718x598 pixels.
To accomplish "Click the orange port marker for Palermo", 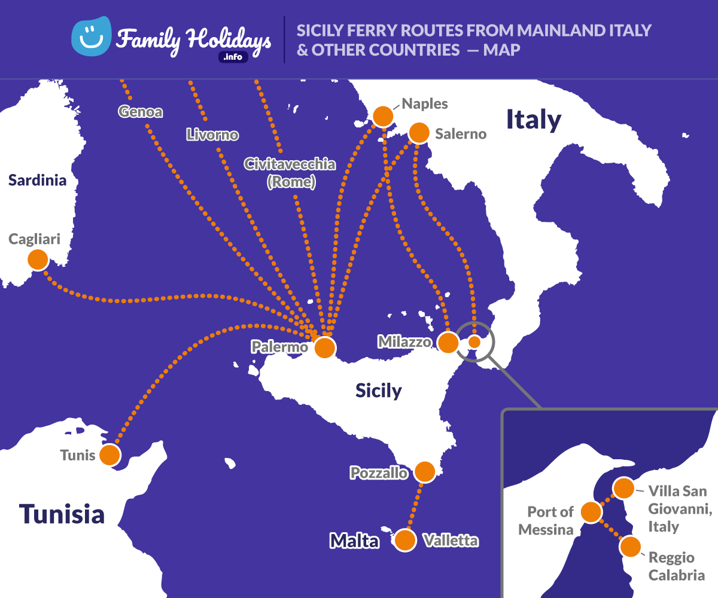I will [x=324, y=347].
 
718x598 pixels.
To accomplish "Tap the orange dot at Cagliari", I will [x=38, y=260].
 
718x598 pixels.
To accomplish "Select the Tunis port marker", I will [x=109, y=455].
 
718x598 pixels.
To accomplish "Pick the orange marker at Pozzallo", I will [x=425, y=472].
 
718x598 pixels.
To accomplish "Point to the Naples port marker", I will [x=382, y=115].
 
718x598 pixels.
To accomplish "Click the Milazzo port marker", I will [x=448, y=342].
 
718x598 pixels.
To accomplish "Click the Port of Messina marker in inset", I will [x=591, y=512].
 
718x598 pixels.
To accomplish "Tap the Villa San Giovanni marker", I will [x=623, y=488].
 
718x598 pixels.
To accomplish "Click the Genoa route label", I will [x=141, y=111].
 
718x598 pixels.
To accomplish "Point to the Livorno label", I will [x=212, y=135].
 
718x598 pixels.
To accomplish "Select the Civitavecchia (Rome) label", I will [x=290, y=172].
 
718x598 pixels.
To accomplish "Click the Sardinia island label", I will [x=37, y=180].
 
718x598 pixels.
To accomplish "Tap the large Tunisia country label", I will [x=62, y=514].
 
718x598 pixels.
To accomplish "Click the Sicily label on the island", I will [x=378, y=390].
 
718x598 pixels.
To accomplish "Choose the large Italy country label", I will [x=534, y=119].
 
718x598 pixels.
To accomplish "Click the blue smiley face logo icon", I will [x=91, y=35].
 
